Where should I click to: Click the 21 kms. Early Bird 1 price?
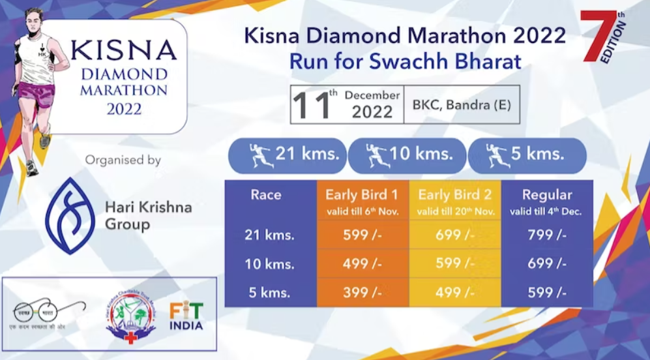click(x=362, y=235)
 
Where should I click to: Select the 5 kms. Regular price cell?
click(x=547, y=293)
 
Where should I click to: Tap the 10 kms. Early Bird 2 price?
click(x=454, y=264)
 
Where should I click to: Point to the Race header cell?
click(x=266, y=194)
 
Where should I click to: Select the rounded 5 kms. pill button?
click(x=527, y=155)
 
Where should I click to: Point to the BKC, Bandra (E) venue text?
click(x=461, y=104)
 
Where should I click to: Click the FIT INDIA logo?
click(x=186, y=316)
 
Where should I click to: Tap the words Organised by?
click(x=123, y=160)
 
